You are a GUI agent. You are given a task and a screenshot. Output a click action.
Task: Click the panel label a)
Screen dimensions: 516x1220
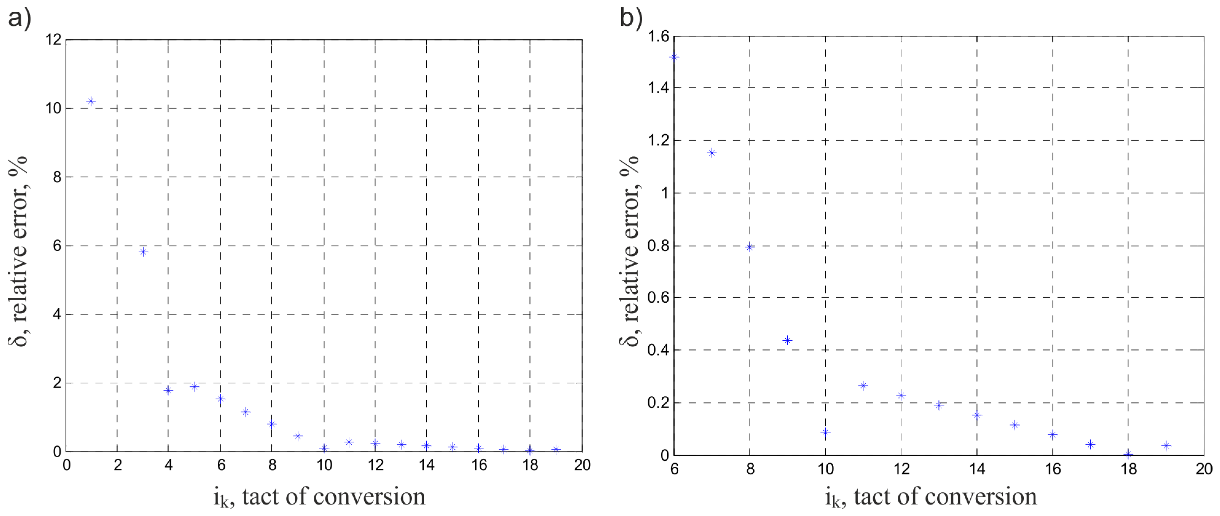pyautogui.click(x=19, y=19)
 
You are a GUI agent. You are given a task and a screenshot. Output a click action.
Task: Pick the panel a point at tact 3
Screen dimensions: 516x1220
pyautogui.click(x=143, y=252)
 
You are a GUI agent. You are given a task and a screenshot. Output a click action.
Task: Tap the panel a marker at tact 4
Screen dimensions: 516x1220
pyautogui.click(x=168, y=390)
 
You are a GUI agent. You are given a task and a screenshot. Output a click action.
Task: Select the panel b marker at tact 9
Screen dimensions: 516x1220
pyautogui.click(x=787, y=340)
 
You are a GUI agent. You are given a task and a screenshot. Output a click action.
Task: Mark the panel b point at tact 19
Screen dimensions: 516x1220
pyautogui.click(x=1166, y=445)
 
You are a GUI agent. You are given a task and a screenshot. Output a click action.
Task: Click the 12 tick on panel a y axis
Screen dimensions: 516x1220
pyautogui.click(x=53, y=40)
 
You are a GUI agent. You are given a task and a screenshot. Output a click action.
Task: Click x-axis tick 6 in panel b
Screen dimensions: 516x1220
pyautogui.click(x=674, y=469)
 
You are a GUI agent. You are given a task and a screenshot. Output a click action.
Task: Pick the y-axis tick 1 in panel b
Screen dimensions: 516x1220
pyautogui.click(x=665, y=193)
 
